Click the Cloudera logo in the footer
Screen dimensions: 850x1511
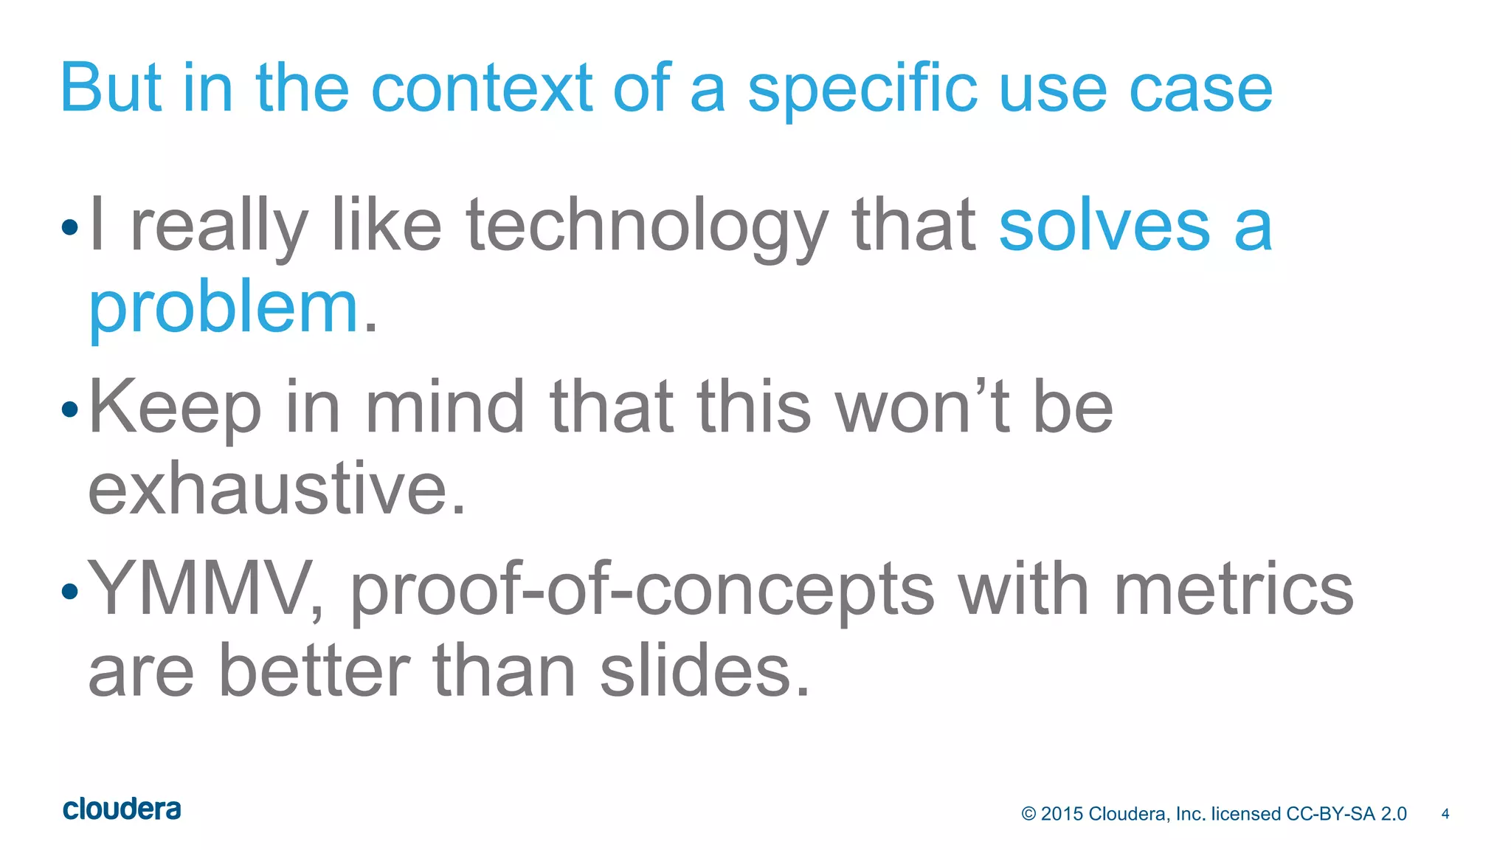pyautogui.click(x=122, y=809)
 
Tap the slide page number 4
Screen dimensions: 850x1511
pyautogui.click(x=1445, y=814)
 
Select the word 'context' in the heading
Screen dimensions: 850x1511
pyautogui.click(x=481, y=89)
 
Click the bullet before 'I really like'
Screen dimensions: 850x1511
pyautogui.click(x=70, y=227)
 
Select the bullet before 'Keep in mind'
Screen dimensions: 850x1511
pyautogui.click(x=70, y=409)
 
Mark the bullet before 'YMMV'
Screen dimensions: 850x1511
pyautogui.click(x=70, y=590)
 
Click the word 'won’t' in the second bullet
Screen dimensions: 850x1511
pyautogui.click(x=922, y=407)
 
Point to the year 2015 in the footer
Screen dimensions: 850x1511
pyautogui.click(x=1062, y=814)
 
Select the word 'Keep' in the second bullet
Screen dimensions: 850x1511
pyautogui.click(x=175, y=407)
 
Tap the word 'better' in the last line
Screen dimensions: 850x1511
pyautogui.click(x=314, y=670)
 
